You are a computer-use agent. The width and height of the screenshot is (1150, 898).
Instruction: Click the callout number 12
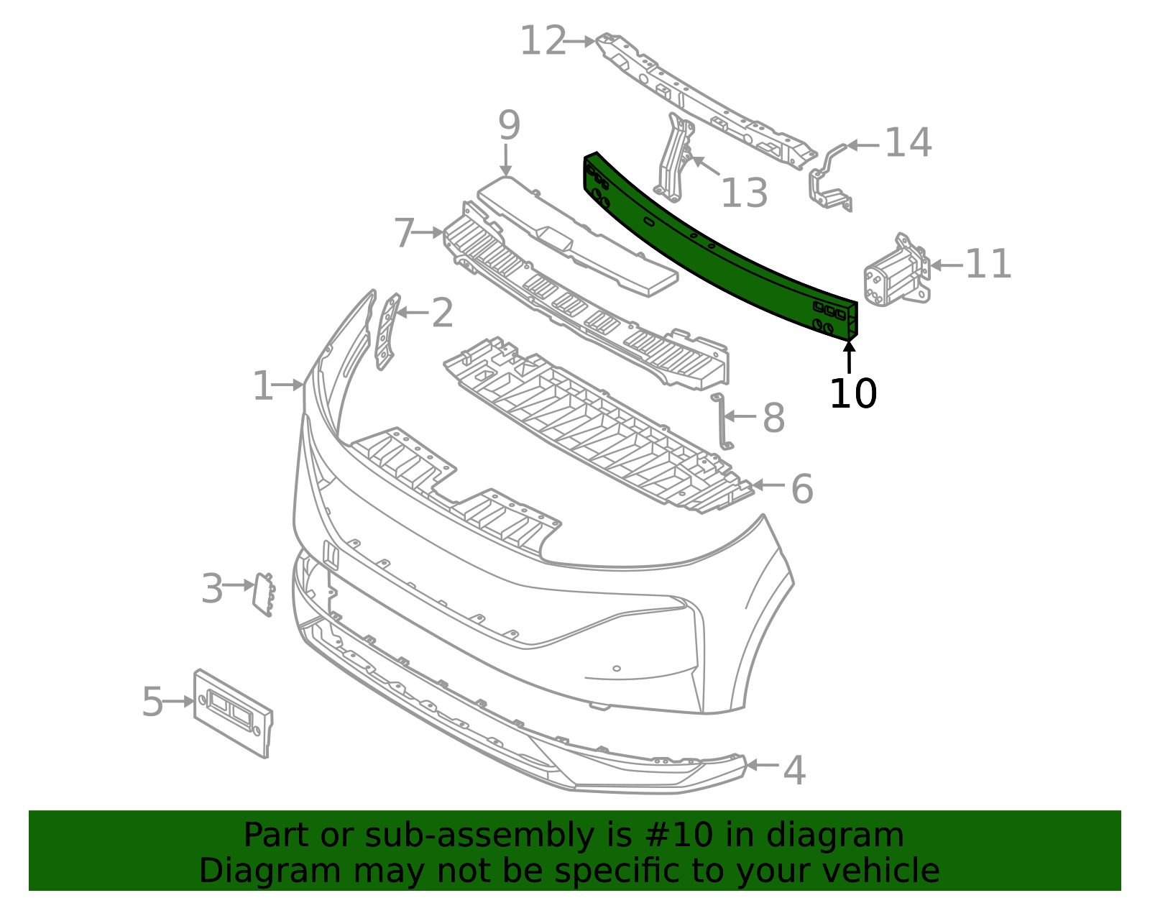(543, 41)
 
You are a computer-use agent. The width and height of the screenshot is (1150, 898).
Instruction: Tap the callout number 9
(509, 125)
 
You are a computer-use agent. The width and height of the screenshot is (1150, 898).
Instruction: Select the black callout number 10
(853, 394)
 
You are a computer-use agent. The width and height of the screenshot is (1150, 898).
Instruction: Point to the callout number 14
(908, 142)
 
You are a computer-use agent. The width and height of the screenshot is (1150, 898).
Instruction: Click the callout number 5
(152, 702)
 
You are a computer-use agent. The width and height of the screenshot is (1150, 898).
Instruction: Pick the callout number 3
(212, 588)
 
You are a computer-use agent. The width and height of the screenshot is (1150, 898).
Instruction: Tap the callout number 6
(802, 489)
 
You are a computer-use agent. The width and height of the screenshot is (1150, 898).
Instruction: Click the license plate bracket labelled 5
(234, 713)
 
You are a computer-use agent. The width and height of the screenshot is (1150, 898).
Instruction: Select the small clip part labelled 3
(264, 595)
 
